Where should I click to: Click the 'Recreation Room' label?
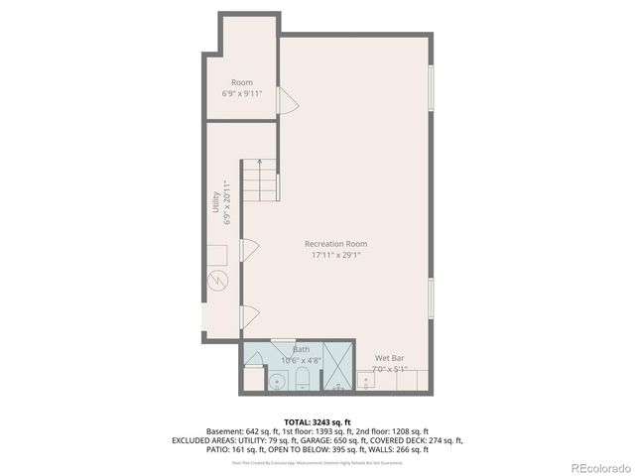[335, 244]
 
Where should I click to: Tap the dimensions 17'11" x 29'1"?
[335, 255]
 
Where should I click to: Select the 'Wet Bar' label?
[389, 358]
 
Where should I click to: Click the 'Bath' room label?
[301, 350]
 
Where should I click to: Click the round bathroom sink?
[277, 380]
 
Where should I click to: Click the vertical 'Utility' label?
[215, 202]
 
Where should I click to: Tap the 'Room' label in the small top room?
[242, 82]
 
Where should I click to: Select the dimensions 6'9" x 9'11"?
[242, 93]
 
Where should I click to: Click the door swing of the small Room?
[286, 100]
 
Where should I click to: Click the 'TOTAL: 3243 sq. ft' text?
[318, 422]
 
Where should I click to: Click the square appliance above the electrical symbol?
[217, 254]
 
